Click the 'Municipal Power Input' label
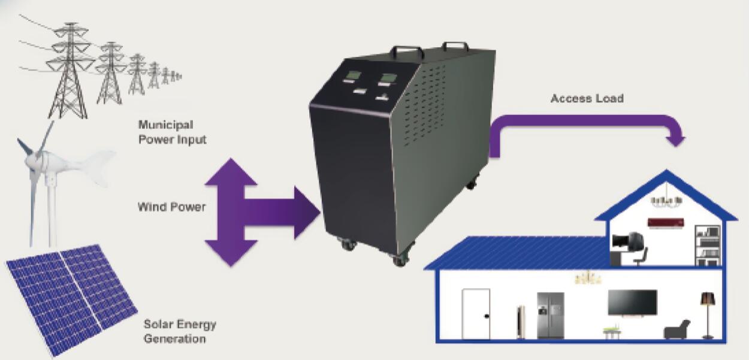(x=172, y=132)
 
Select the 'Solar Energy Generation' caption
(x=180, y=332)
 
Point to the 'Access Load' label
(x=587, y=98)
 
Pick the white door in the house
(x=476, y=313)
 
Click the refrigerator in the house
(x=550, y=315)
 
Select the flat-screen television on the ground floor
(x=632, y=302)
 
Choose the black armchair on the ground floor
(x=677, y=329)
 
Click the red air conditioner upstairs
(x=666, y=223)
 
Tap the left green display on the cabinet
(x=352, y=77)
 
